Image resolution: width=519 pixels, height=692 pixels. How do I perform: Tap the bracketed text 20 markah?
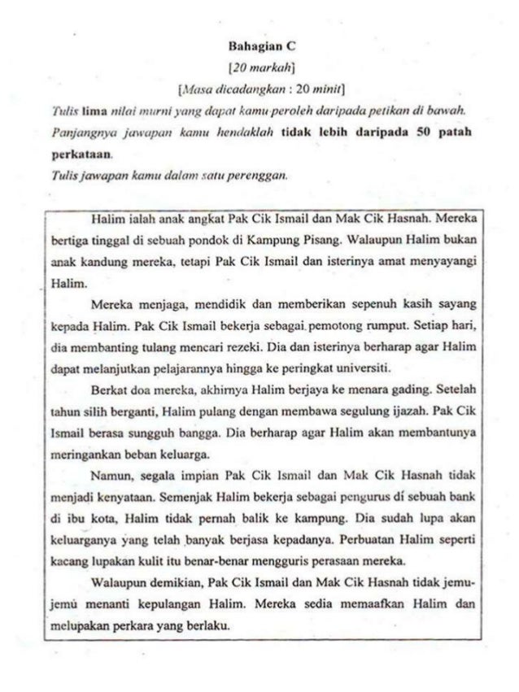click(259, 65)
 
